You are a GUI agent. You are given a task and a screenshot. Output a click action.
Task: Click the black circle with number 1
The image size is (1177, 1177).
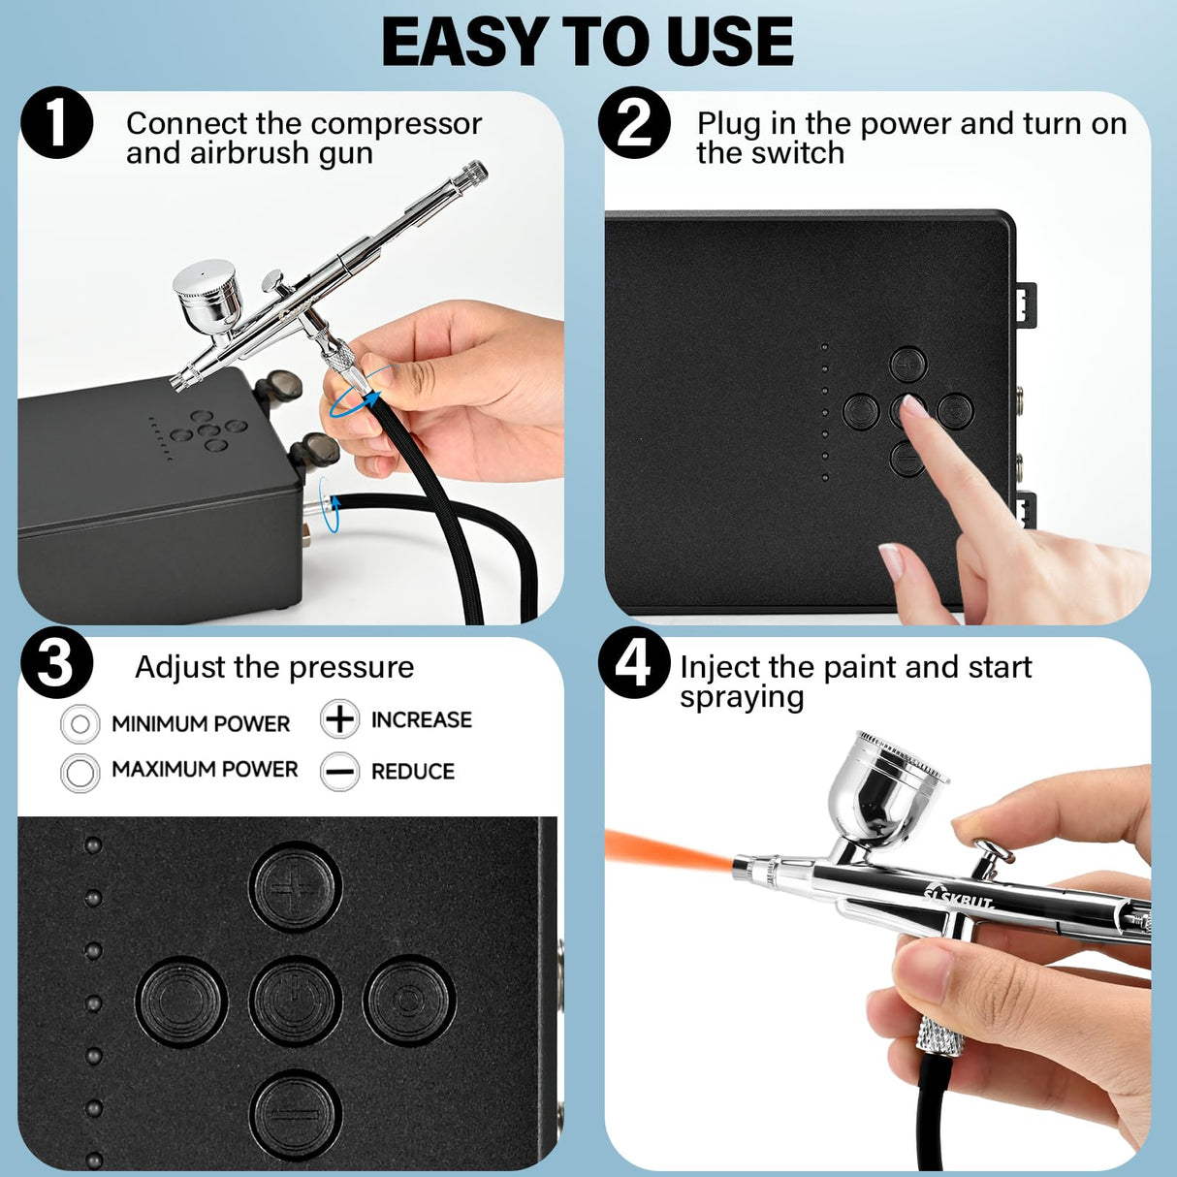tap(56, 124)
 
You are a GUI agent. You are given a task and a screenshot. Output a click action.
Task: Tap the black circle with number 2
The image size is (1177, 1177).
tap(634, 123)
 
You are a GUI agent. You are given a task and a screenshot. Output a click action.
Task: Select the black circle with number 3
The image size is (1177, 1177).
tap(56, 664)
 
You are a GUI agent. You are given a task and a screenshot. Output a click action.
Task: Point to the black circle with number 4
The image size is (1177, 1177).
tap(634, 664)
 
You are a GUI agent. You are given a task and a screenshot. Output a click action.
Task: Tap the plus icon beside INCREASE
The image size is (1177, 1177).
tap(339, 719)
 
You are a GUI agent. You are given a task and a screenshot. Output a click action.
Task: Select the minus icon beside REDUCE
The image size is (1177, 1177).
tap(339, 772)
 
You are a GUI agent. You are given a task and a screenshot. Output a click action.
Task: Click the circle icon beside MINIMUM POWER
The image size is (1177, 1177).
tap(80, 723)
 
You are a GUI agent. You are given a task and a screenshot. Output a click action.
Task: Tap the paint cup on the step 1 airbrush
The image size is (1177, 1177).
tap(207, 293)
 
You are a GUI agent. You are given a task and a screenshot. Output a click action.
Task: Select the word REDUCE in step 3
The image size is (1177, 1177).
tap(412, 772)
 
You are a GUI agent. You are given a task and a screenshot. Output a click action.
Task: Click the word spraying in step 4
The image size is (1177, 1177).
tap(742, 698)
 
